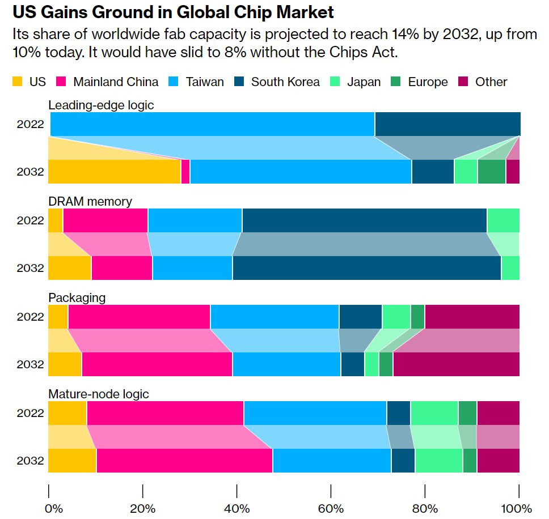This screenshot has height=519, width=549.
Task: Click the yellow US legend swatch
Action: coord(18,82)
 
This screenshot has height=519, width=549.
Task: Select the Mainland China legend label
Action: coord(116,82)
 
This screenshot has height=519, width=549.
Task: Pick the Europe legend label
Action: coord(428,82)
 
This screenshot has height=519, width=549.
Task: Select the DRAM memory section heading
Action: coord(90,201)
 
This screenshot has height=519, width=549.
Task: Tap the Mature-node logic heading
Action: coord(99,394)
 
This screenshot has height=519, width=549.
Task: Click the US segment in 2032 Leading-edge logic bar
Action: coord(114,172)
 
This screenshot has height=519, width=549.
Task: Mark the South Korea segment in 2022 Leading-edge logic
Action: coord(447,124)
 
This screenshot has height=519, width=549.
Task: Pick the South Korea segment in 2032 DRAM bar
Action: coord(366,268)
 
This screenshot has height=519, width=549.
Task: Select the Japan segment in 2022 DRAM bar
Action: coord(503,220)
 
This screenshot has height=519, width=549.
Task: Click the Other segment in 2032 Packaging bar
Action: coord(456,364)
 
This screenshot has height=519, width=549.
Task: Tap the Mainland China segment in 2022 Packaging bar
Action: coord(139,317)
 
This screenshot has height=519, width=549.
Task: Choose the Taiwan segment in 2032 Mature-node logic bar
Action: coord(332,461)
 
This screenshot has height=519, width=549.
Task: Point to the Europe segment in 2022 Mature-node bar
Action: coord(467,412)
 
